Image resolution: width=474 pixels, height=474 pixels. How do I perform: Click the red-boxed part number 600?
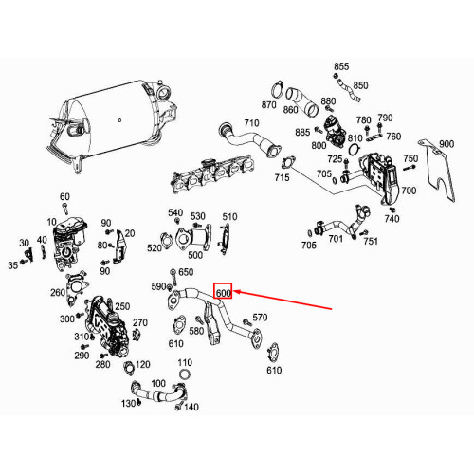click(x=223, y=293)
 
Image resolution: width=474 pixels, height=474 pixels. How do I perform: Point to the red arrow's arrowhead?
click(x=236, y=292)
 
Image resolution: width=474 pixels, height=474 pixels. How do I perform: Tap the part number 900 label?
click(x=447, y=144)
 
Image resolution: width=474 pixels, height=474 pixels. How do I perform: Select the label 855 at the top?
click(x=341, y=66)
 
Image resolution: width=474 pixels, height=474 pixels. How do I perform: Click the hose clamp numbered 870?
click(x=278, y=89)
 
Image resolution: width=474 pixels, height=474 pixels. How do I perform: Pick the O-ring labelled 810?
click(x=355, y=149)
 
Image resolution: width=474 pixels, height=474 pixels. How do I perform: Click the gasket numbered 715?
click(x=288, y=163)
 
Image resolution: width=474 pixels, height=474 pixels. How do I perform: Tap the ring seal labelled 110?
click(x=185, y=374)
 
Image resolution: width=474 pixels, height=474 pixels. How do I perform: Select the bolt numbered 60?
click(x=65, y=209)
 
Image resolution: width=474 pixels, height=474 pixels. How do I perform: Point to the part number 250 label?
click(x=122, y=306)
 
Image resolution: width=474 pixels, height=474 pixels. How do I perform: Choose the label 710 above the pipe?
click(x=251, y=123)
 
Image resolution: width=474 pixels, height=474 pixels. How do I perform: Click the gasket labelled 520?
click(x=166, y=239)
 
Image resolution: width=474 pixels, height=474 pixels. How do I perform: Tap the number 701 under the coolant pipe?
click(x=336, y=239)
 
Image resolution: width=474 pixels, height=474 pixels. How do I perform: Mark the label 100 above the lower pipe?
click(x=158, y=384)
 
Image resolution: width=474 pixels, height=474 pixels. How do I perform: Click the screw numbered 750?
click(x=408, y=168)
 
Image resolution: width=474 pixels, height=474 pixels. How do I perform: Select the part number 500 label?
click(x=195, y=255)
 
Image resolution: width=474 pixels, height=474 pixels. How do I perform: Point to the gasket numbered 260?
click(x=76, y=287)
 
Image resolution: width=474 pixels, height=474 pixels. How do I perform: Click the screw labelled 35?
click(x=23, y=262)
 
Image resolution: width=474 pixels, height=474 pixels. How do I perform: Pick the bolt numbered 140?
click(x=179, y=406)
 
